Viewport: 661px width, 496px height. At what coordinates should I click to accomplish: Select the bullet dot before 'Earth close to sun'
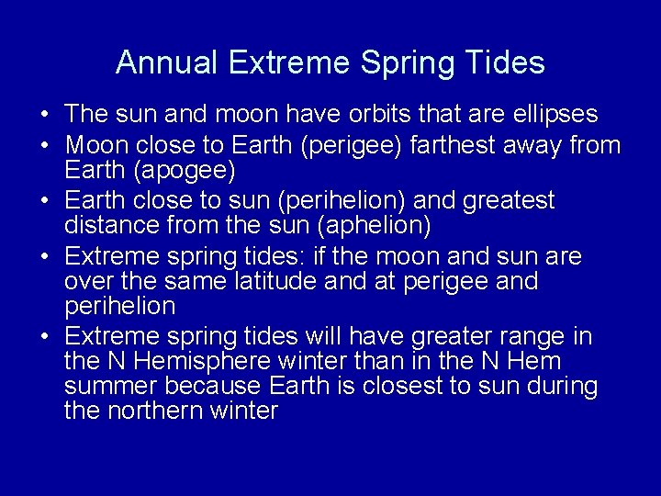point(44,201)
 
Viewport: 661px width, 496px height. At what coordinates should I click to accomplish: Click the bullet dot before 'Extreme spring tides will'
point(44,337)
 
